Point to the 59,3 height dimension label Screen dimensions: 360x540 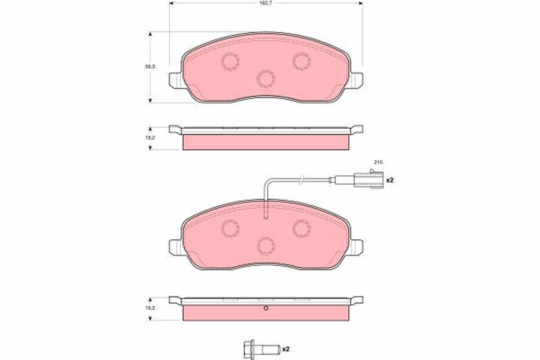(150, 67)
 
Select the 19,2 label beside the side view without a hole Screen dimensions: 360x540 (150, 138)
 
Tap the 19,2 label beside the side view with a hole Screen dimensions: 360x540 (150, 308)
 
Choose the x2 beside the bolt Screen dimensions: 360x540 (285, 348)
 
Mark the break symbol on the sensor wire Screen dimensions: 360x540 (302, 180)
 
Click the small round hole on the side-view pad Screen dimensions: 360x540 (266, 308)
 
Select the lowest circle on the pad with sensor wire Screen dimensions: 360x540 (266, 245)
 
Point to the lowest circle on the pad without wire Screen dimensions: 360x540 (266, 79)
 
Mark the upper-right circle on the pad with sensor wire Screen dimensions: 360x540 (301, 228)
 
